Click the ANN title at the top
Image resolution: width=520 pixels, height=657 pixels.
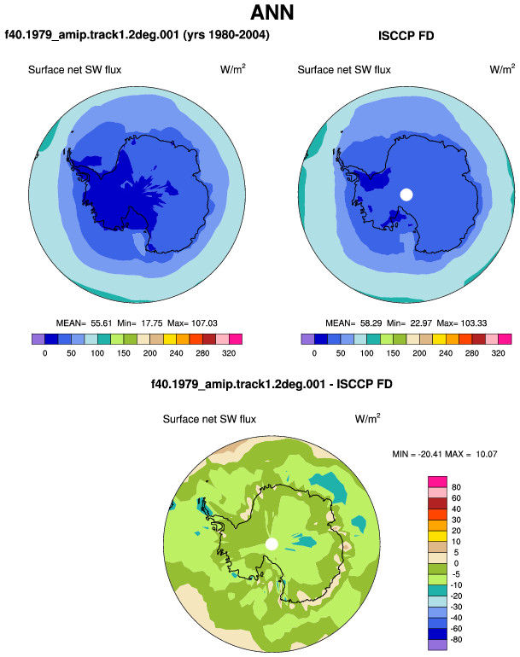[x=272, y=13]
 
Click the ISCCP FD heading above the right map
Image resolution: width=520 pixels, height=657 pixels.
[x=406, y=36]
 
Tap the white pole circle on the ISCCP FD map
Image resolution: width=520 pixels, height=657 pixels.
[x=406, y=195]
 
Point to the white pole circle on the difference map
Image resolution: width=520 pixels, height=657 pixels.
[x=272, y=544]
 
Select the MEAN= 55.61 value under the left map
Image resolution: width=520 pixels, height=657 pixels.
[x=85, y=323]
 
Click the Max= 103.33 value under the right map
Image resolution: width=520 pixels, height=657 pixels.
[x=462, y=323]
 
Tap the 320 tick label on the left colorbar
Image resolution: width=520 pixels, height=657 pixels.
[x=229, y=353]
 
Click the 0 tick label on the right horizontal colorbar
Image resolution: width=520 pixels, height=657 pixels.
[x=314, y=353]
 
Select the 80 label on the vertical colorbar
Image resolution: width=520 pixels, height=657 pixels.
[x=456, y=487]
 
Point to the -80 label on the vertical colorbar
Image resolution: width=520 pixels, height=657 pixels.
[x=455, y=640]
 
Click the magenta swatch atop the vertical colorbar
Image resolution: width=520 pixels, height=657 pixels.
[x=437, y=482]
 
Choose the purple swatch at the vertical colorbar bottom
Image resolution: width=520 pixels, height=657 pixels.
[x=437, y=645]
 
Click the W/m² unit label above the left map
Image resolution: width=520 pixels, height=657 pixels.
[x=233, y=69]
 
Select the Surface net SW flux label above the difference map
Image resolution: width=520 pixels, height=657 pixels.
[x=209, y=420]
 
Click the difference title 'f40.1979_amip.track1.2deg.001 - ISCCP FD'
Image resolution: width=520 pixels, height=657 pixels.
[x=272, y=384]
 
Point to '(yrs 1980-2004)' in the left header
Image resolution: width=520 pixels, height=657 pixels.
[x=226, y=35]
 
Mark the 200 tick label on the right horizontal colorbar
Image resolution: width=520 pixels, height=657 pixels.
[x=419, y=353]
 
